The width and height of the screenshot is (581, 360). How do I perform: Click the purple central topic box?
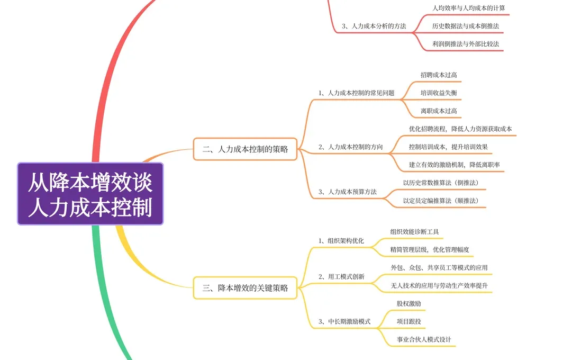click(x=90, y=194)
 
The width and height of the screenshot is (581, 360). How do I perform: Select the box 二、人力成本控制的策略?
click(x=245, y=149)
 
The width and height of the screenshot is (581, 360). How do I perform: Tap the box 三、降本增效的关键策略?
click(x=245, y=288)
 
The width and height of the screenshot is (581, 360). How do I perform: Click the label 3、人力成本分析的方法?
click(x=374, y=25)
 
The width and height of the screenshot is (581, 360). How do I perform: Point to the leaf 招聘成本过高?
click(x=439, y=75)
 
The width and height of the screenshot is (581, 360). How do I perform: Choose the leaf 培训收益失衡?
click(x=439, y=93)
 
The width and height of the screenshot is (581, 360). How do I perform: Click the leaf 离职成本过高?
click(x=439, y=111)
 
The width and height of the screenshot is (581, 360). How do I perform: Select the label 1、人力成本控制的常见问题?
click(x=356, y=93)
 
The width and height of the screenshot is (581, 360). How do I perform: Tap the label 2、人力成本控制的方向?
click(x=350, y=147)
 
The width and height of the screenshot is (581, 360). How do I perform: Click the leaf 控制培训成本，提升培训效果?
click(x=448, y=147)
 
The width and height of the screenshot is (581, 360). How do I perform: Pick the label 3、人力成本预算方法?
click(x=347, y=192)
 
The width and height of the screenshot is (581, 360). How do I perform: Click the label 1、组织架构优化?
click(x=341, y=240)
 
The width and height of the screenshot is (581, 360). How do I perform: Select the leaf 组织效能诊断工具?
click(x=414, y=231)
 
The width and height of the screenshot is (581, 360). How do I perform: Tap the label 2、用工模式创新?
click(x=341, y=276)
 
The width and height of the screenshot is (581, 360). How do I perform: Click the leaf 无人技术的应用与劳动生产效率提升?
click(x=439, y=285)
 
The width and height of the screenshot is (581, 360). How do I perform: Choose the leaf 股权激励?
click(x=408, y=303)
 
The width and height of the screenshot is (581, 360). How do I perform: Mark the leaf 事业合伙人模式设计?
click(x=424, y=339)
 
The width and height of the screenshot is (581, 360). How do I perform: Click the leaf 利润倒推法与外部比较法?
click(x=465, y=44)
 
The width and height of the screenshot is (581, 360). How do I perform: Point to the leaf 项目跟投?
click(x=408, y=321)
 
